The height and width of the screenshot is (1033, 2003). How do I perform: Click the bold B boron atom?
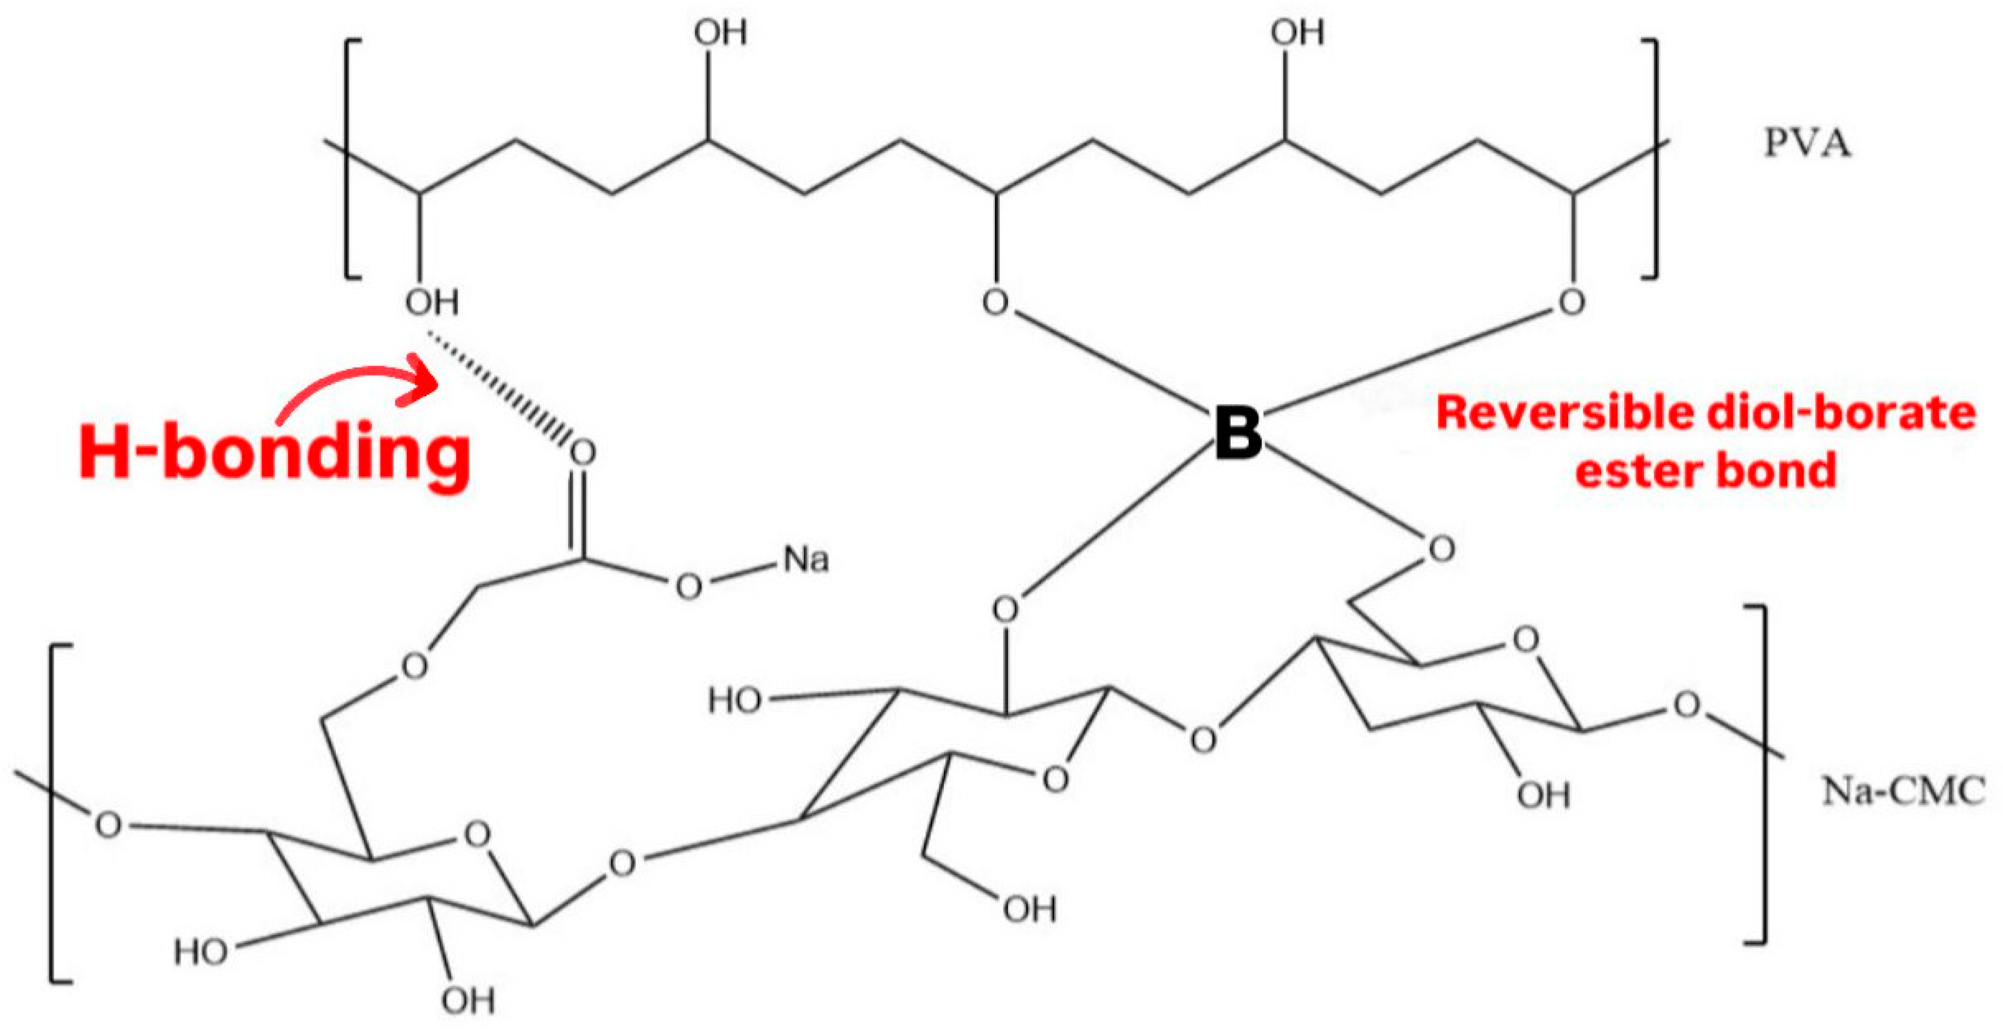point(1238,433)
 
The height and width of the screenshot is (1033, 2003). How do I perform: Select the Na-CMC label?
point(1903,792)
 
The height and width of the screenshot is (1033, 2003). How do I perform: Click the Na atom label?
point(805,560)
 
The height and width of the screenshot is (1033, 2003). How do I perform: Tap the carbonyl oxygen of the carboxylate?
point(582,452)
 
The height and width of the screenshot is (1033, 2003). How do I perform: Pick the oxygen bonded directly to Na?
point(688,586)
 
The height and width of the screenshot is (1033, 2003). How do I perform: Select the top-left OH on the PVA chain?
point(720,33)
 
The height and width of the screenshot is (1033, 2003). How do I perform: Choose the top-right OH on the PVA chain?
point(1297,33)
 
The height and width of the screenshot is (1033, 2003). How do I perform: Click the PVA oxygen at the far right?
point(1571,302)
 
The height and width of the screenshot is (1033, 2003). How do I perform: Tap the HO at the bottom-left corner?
point(201,952)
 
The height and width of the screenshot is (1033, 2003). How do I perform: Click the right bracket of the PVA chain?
point(1653,160)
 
